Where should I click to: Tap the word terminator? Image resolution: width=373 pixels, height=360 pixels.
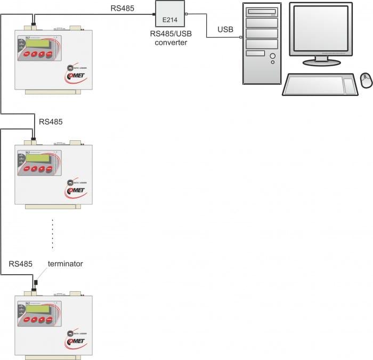point(66,264)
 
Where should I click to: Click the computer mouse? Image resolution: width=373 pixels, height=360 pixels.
point(366,80)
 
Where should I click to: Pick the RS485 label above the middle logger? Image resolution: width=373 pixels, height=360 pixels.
point(51,122)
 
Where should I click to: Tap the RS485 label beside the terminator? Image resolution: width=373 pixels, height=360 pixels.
point(21,264)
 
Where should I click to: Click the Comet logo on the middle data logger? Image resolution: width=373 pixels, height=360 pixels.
point(75,191)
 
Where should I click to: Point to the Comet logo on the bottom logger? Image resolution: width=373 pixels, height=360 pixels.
point(75,342)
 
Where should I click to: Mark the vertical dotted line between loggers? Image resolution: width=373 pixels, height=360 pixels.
point(53,234)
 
